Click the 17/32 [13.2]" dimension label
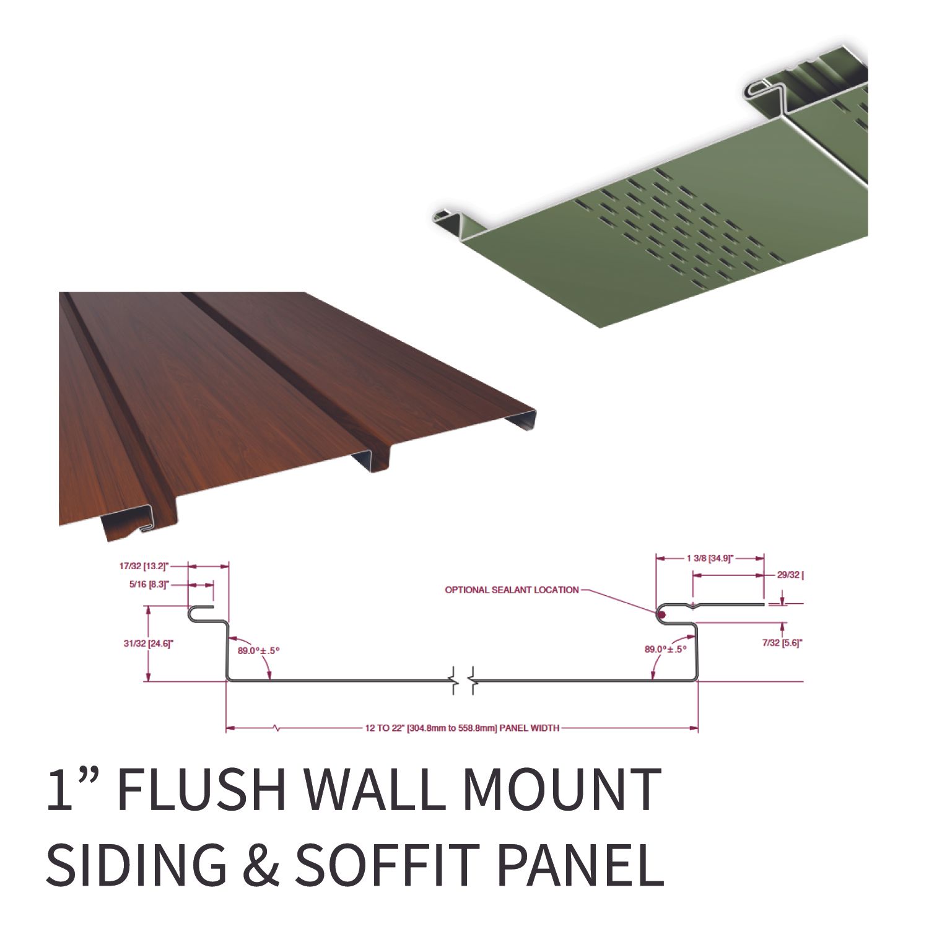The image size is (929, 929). point(144,566)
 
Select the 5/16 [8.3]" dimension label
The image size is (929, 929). point(149,584)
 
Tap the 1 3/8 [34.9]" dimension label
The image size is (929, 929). point(710,558)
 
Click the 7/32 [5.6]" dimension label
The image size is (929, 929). point(782,643)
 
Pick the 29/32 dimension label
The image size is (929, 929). point(790,575)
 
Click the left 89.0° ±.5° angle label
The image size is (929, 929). point(259,650)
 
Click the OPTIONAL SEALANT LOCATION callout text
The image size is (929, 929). point(512,590)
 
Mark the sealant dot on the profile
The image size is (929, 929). point(661,615)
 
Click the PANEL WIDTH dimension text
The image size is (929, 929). point(462,728)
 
